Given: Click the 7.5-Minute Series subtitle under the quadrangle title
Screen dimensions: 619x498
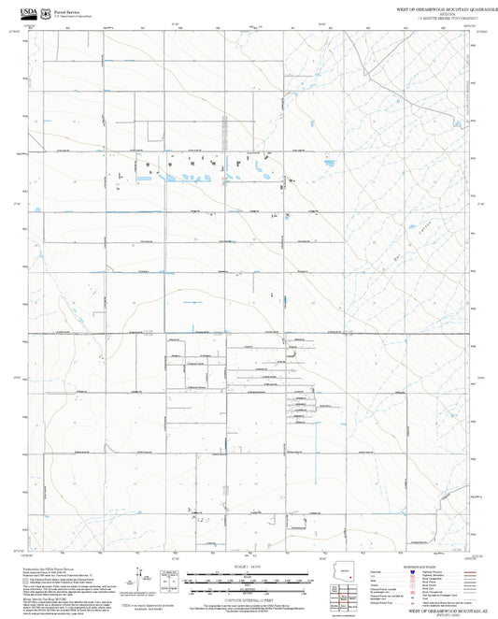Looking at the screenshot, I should tap(439, 18).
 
